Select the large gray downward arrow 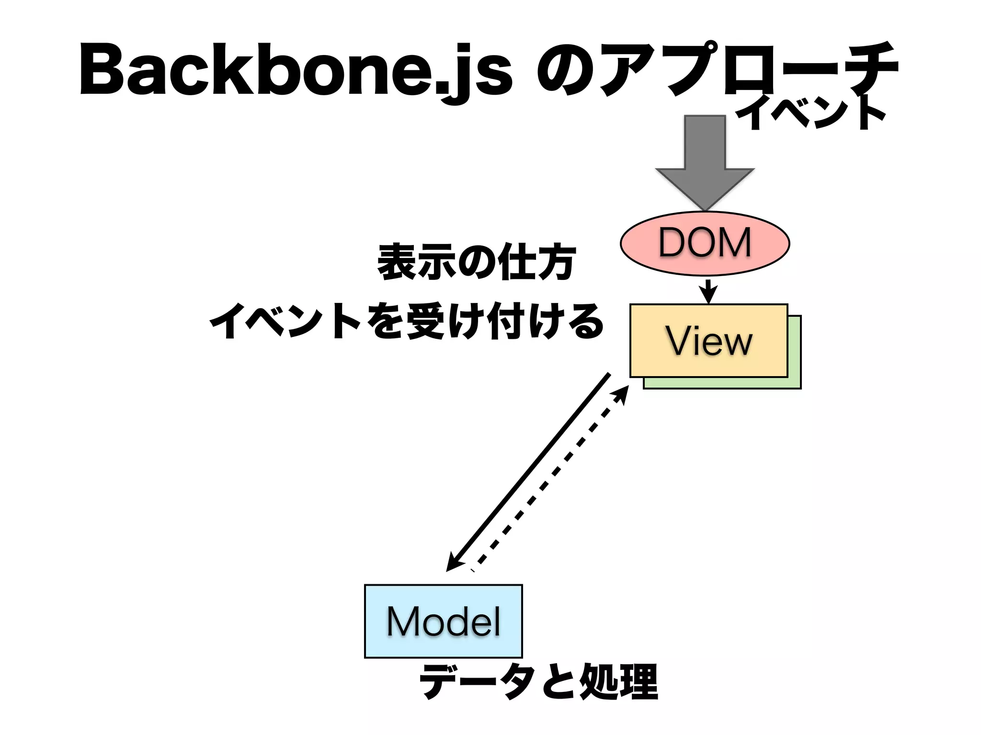[705, 163]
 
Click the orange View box [708, 341]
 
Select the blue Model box [443, 621]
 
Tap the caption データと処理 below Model [538, 682]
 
